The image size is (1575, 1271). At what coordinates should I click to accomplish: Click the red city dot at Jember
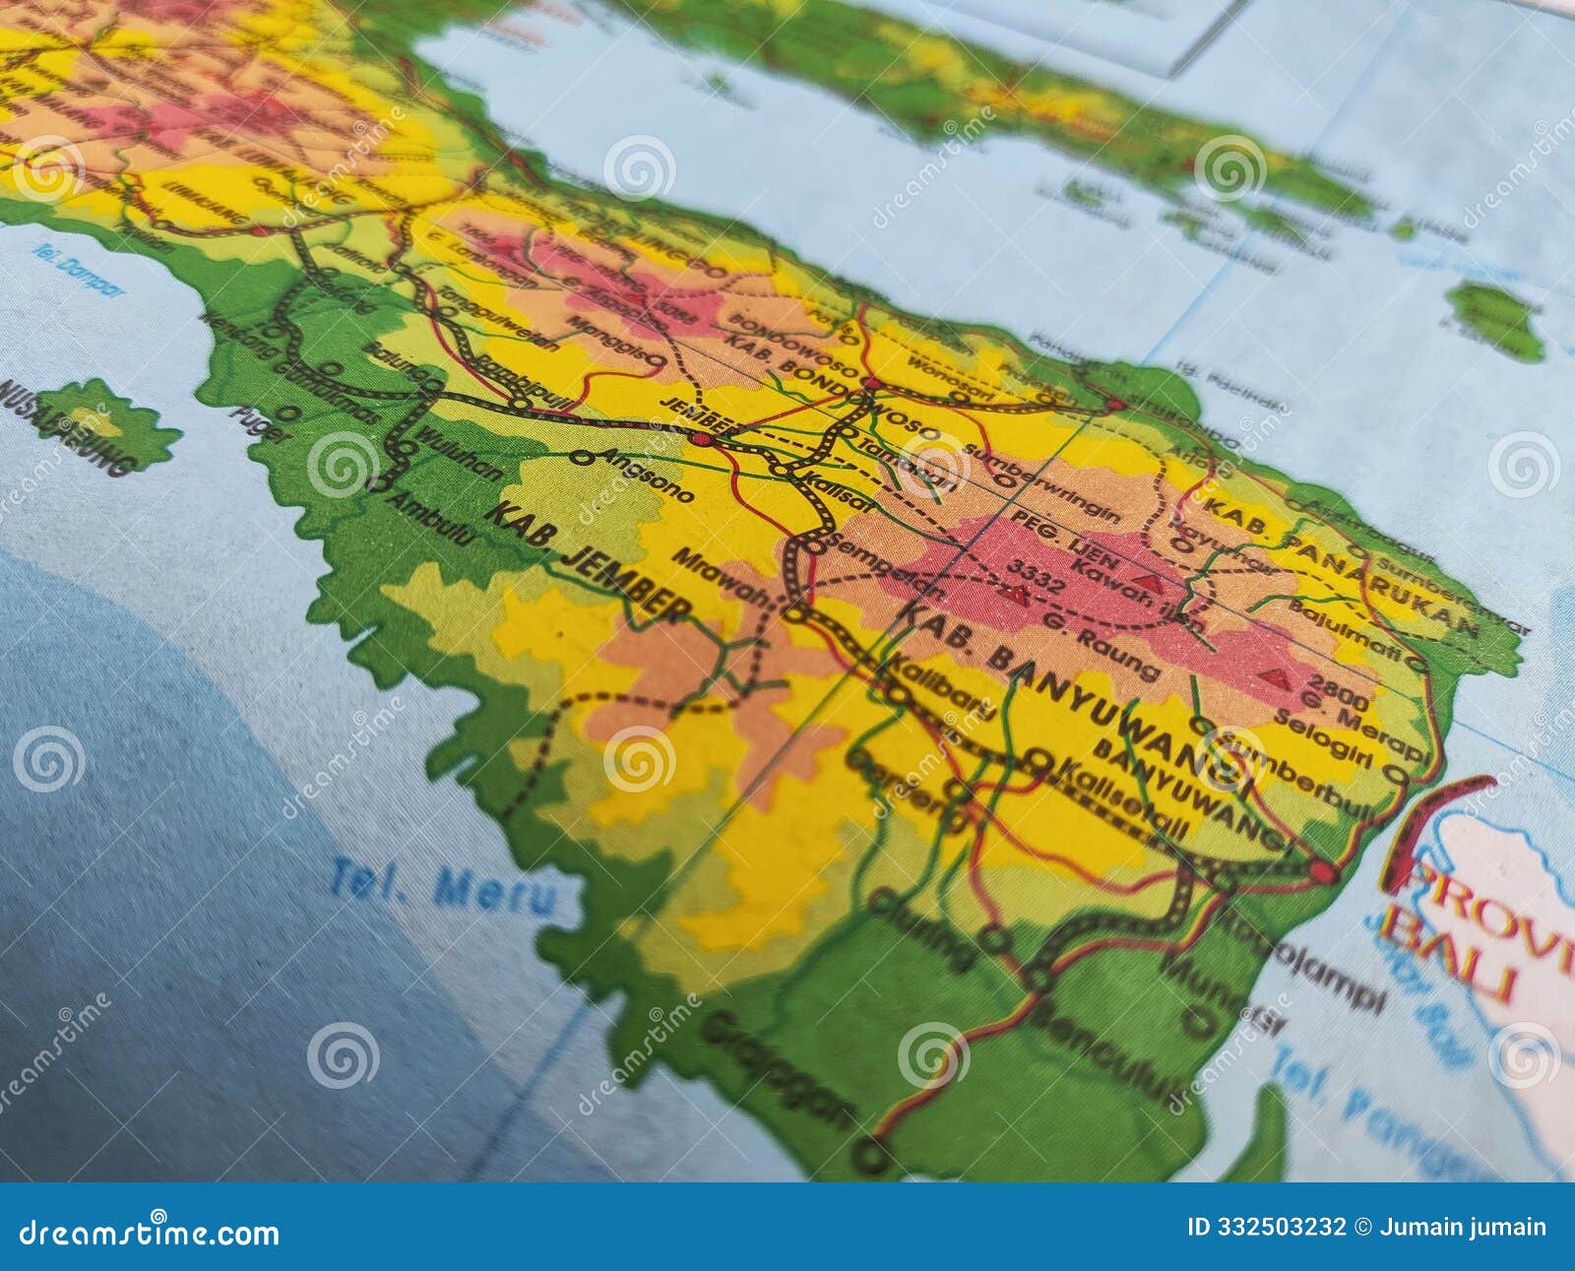click(701, 439)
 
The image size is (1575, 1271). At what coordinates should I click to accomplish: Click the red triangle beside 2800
click(1277, 677)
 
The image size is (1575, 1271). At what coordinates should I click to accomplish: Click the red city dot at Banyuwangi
click(1324, 871)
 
